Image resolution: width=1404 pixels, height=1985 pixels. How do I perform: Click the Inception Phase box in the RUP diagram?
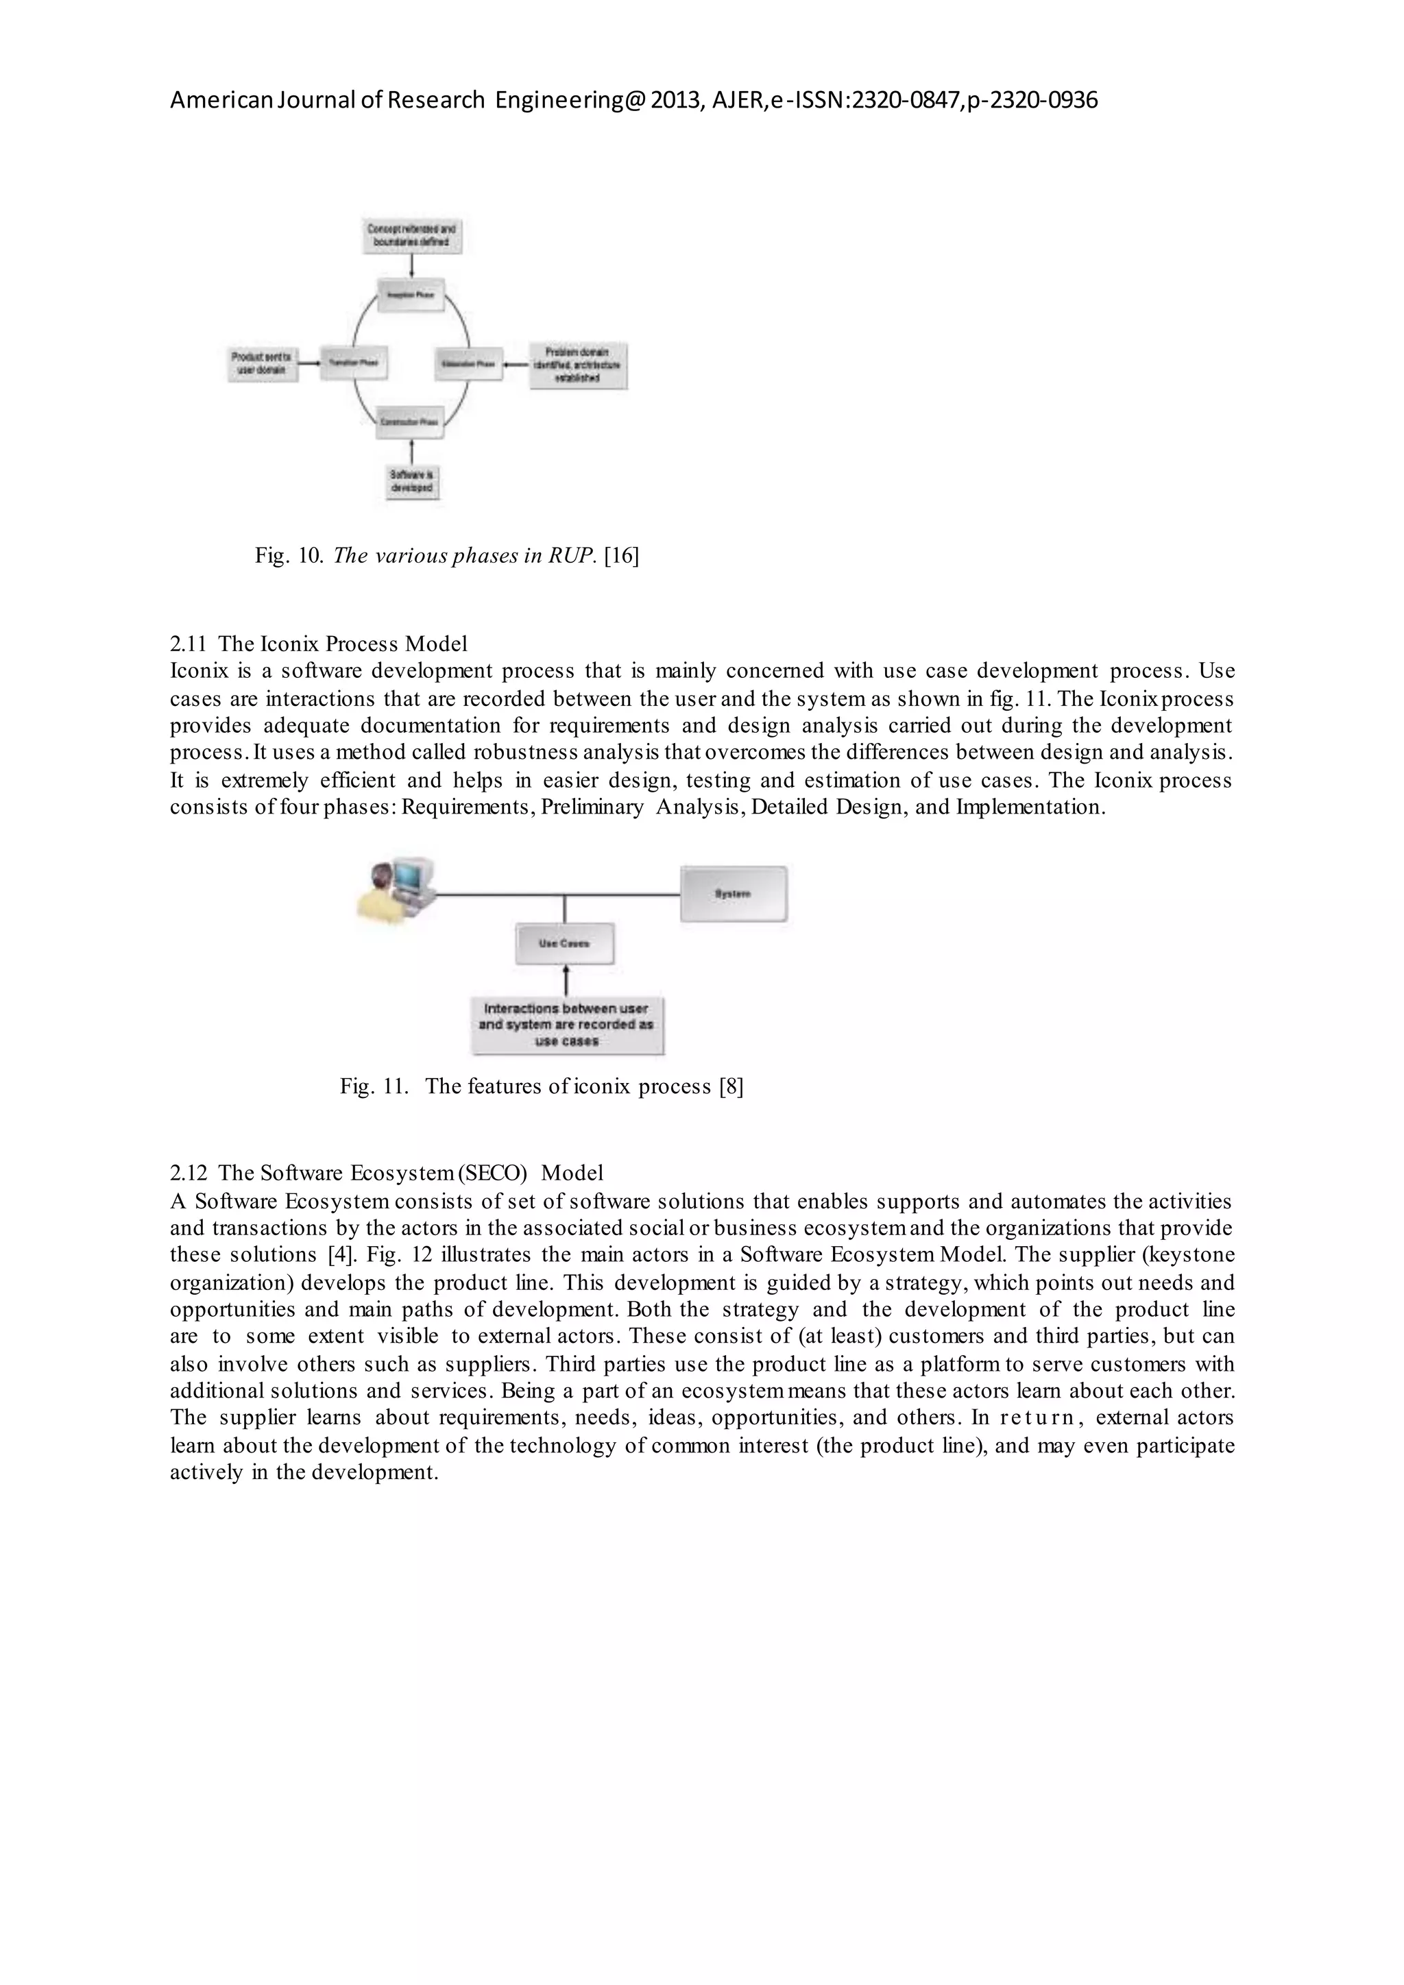(411, 294)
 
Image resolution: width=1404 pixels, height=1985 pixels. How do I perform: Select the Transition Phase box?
(354, 363)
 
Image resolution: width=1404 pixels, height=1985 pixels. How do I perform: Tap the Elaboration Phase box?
(467, 364)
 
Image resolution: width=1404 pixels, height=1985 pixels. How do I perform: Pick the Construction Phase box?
(411, 422)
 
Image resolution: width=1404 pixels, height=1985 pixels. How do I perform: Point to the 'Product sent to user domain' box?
(263, 364)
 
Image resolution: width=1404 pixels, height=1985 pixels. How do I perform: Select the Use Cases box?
(564, 943)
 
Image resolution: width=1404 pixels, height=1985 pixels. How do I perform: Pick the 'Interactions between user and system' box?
(566, 1025)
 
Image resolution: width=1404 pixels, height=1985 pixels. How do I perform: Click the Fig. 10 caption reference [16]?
(622, 556)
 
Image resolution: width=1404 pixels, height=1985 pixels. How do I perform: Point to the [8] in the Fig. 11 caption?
(731, 1086)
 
